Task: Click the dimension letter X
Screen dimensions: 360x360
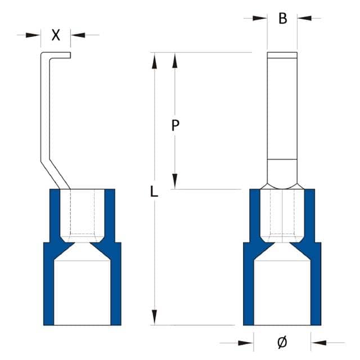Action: (56, 35)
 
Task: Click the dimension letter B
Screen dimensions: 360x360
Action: (282, 19)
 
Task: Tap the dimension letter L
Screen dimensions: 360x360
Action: (154, 192)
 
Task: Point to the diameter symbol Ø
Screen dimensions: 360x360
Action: (282, 341)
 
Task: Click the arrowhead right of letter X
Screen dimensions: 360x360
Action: (78, 35)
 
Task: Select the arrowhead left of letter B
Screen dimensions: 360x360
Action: (260, 19)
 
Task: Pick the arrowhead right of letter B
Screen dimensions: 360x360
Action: (304, 19)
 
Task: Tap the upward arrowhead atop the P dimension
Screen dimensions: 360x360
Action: (175, 60)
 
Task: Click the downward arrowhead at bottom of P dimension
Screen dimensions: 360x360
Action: (175, 182)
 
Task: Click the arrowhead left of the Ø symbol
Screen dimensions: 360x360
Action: (246, 341)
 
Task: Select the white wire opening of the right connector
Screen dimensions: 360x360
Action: (282, 292)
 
